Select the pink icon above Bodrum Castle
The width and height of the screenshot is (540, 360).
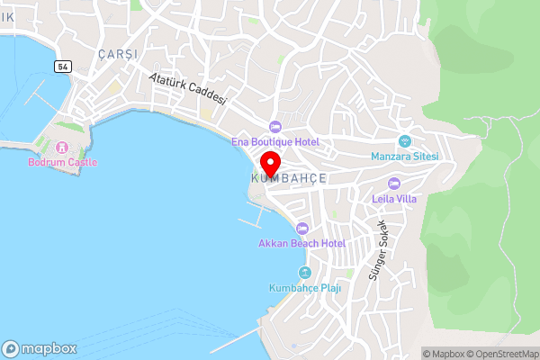pos(61,147)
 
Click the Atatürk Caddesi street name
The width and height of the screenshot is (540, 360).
pos(188,89)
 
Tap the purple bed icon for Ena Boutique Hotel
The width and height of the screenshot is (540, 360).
pos(275,126)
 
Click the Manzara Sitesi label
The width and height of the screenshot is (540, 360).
pos(404,157)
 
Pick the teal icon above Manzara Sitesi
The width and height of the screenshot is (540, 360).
pos(404,140)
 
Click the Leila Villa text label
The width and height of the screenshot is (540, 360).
pos(394,199)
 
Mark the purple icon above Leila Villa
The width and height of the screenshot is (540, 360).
pos(393,184)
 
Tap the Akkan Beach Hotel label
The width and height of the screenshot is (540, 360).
pos(302,243)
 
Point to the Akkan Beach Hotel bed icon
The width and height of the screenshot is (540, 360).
pos(302,228)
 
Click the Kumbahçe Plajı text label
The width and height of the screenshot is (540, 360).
pos(304,288)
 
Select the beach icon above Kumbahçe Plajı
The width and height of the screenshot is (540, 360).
pos(304,273)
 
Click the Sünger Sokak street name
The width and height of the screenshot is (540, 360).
pos(374,250)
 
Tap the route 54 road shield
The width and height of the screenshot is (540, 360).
pos(62,67)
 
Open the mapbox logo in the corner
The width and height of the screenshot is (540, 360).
pos(40,348)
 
